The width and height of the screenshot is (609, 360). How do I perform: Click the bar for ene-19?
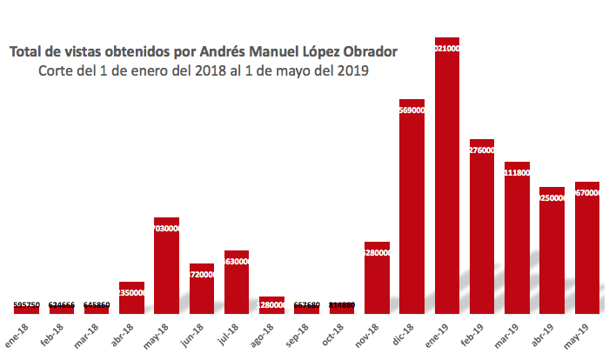[446, 174]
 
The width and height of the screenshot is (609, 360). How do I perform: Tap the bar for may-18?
[166, 265]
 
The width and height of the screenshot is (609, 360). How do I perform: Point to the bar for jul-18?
[237, 282]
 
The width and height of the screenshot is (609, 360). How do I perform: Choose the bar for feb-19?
[481, 226]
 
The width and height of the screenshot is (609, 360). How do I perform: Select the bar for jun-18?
[202, 288]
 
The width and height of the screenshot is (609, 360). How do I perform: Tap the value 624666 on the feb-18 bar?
[61, 305]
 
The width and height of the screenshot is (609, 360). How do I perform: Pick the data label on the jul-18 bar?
[237, 261]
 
